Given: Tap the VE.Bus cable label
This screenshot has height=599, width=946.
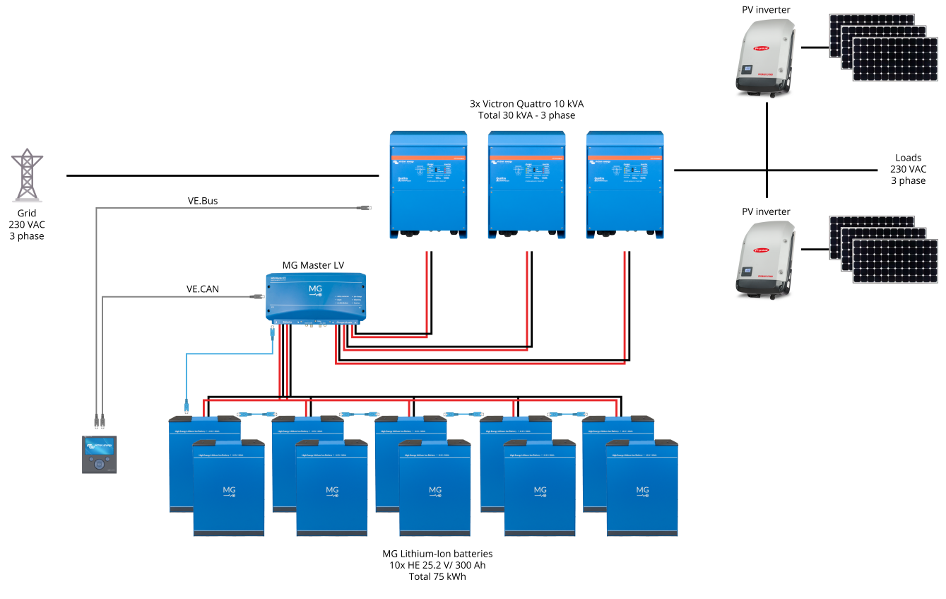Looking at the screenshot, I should click(x=203, y=201).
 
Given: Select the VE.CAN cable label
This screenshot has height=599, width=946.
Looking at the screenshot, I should click(x=203, y=289).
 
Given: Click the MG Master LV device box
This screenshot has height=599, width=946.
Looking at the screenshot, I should click(x=315, y=296).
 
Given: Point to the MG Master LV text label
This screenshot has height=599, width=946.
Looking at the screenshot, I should click(x=313, y=265).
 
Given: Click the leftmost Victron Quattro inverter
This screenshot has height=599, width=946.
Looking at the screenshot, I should click(x=430, y=185).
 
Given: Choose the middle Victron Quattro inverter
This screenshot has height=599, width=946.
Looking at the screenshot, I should click(x=527, y=185).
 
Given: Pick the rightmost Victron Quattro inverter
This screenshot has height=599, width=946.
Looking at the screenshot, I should click(x=625, y=185).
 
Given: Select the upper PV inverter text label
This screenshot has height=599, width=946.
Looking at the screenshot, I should click(x=766, y=10).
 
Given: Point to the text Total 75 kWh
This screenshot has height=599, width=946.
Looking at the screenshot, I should click(x=437, y=576).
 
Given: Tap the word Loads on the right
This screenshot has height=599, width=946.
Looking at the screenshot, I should click(x=908, y=158).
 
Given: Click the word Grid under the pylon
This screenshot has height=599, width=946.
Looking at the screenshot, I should click(x=27, y=213).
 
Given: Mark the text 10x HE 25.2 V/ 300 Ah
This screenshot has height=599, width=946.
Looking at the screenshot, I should click(x=437, y=565).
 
